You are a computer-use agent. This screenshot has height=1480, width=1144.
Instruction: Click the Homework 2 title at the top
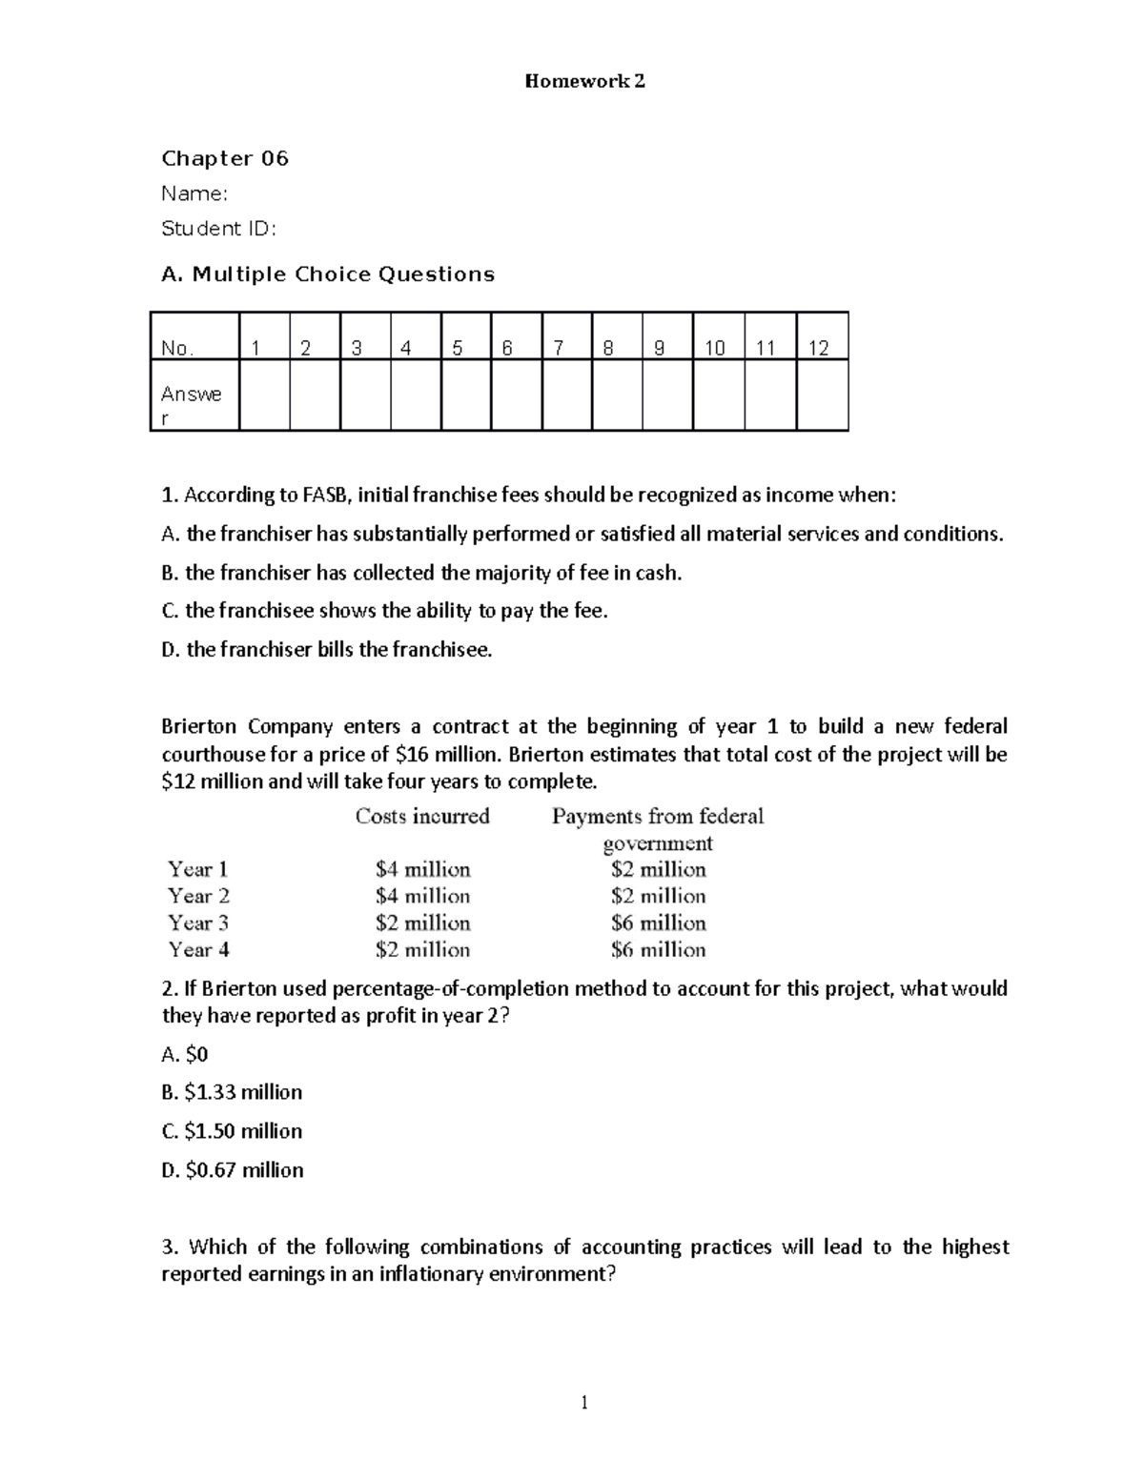(584, 81)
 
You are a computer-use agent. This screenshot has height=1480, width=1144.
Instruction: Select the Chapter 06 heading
(225, 158)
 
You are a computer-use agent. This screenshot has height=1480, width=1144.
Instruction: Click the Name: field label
(194, 193)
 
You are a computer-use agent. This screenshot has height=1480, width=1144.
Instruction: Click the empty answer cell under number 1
(264, 395)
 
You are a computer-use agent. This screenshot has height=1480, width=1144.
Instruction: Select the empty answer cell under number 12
(821, 395)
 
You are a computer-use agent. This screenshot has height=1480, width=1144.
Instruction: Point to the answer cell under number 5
(465, 395)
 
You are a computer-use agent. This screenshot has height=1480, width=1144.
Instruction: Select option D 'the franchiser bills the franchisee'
(327, 650)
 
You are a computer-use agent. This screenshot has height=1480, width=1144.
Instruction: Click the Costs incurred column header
(422, 816)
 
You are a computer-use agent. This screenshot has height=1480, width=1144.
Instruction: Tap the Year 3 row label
(198, 922)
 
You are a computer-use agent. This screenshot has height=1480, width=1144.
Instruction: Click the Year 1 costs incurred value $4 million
(422, 869)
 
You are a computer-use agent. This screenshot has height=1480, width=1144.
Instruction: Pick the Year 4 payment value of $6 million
(658, 949)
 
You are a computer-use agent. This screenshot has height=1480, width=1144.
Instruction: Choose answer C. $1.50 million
(232, 1131)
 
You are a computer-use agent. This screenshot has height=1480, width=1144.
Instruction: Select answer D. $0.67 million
(233, 1170)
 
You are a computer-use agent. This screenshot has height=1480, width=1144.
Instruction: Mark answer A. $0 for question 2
(185, 1054)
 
